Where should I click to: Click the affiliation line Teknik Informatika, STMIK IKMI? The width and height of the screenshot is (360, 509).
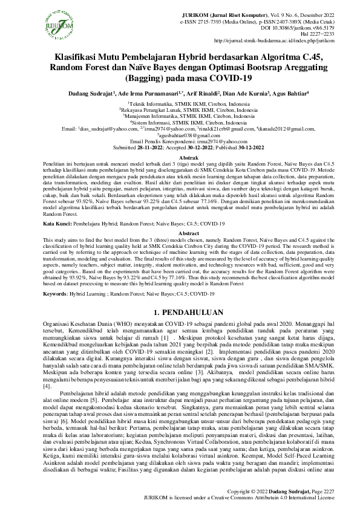point(180,103)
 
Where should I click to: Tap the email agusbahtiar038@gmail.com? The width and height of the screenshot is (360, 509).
point(180,137)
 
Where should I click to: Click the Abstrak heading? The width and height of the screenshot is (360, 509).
point(180,156)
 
